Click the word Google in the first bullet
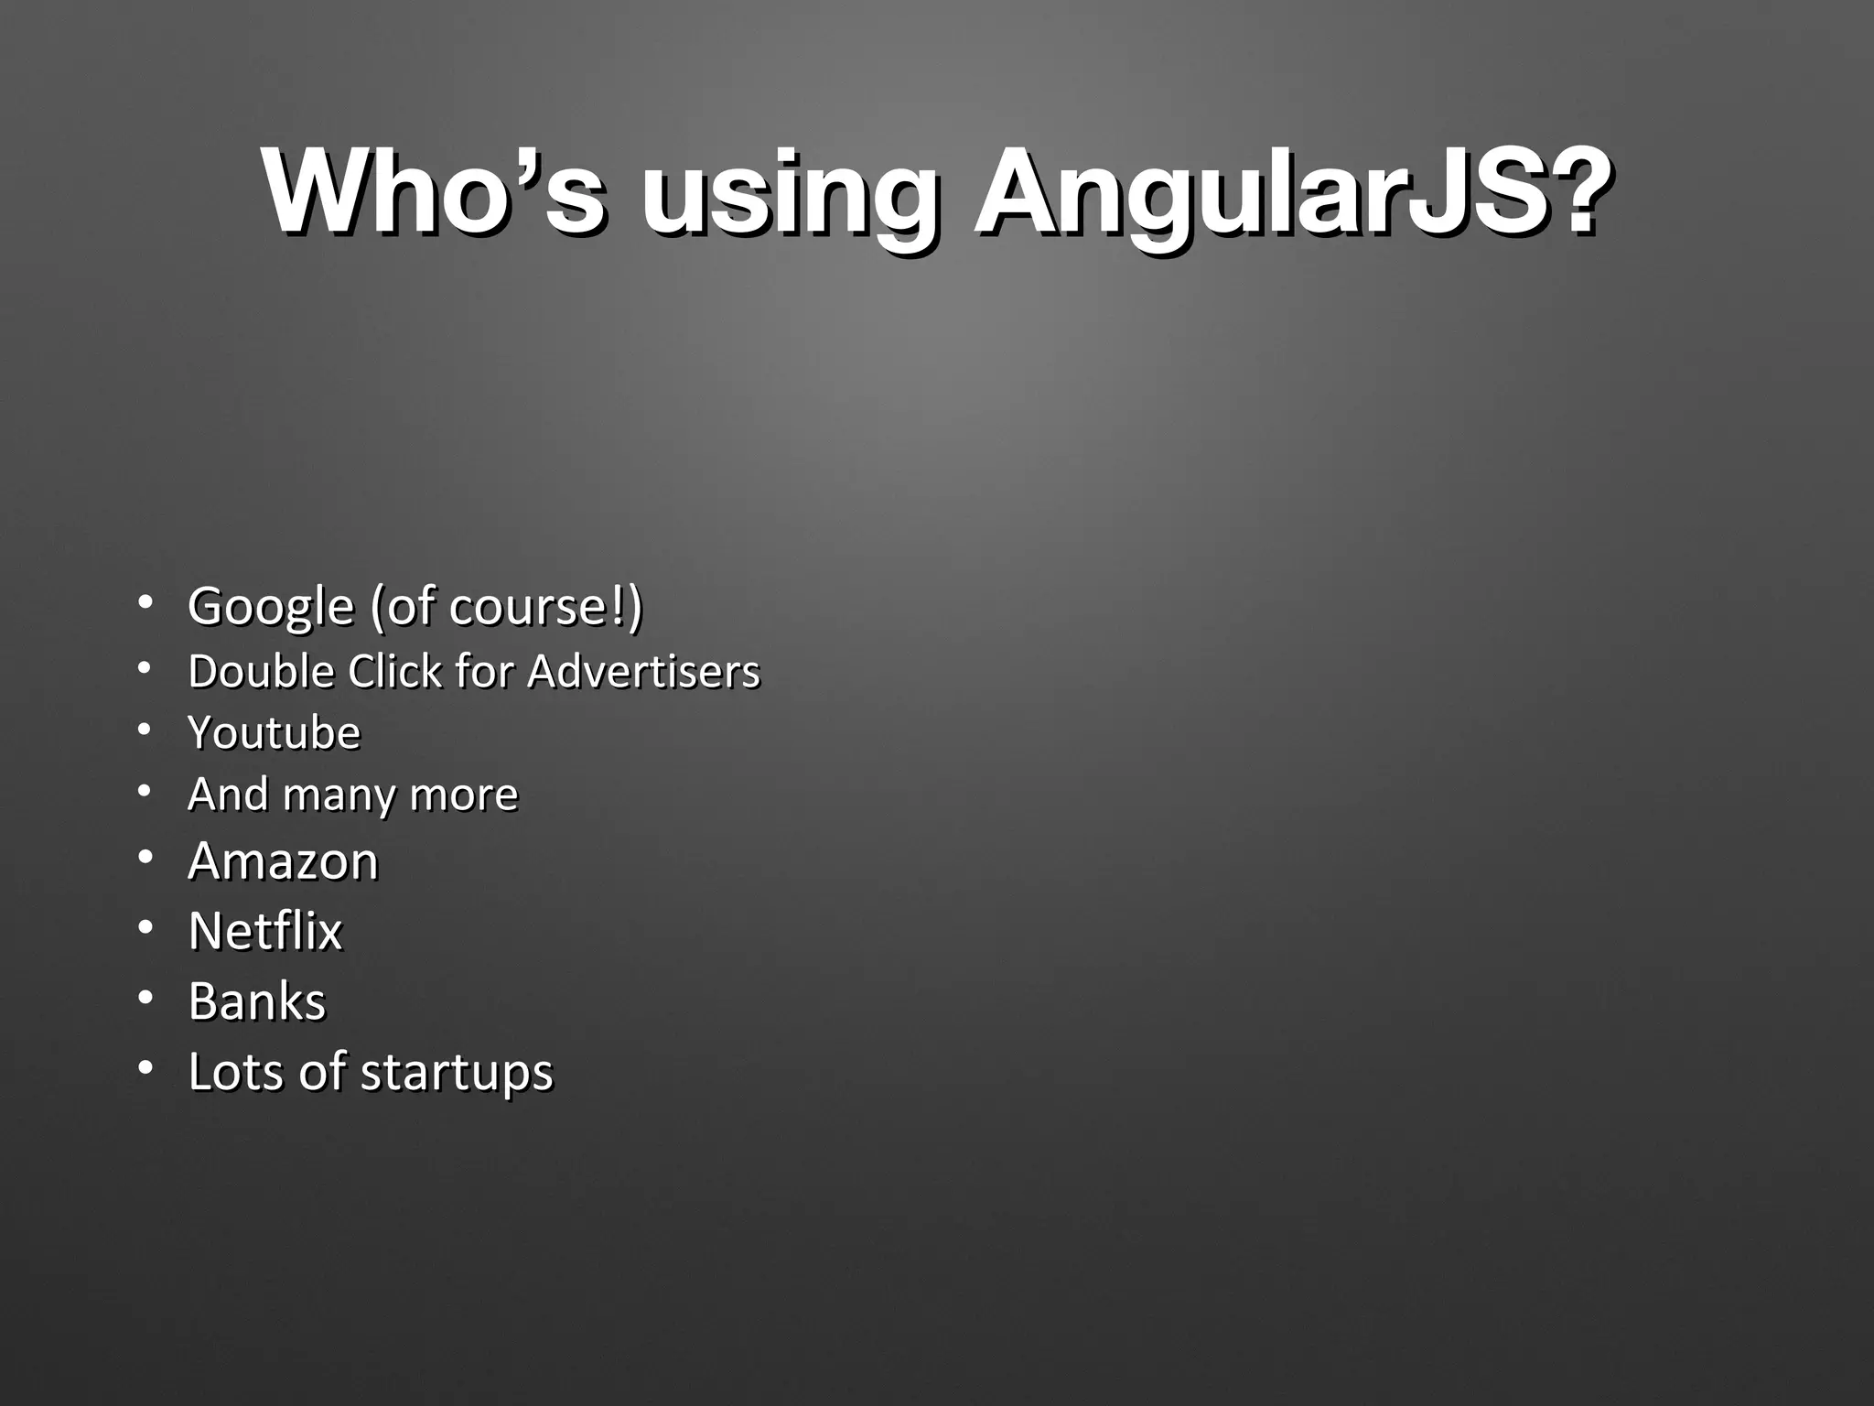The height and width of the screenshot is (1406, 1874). [x=270, y=607]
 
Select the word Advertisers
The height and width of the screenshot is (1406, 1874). [x=643, y=671]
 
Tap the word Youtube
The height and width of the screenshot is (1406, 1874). [x=274, y=732]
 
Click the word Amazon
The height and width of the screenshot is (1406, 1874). [x=283, y=861]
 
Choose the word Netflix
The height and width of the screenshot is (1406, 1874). [x=264, y=931]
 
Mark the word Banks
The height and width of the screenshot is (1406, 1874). [x=256, y=1001]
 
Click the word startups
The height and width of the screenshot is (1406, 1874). [x=457, y=1072]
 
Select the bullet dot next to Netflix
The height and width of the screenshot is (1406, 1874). [x=145, y=928]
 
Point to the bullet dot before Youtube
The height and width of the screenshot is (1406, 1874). [x=145, y=730]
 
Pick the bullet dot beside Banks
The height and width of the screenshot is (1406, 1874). [x=145, y=999]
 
